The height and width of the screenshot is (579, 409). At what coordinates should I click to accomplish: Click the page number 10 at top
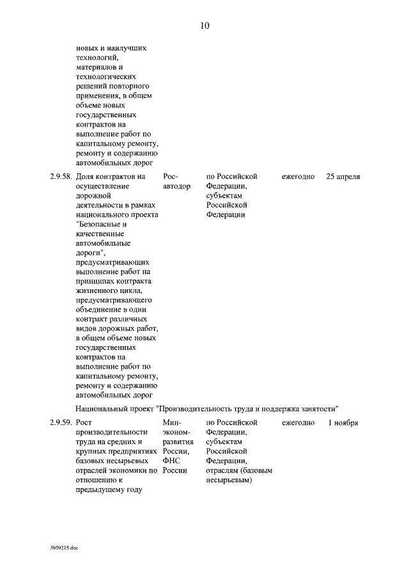click(204, 26)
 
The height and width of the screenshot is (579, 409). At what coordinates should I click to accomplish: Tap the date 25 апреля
click(343, 176)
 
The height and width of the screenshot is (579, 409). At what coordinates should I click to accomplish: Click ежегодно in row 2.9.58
click(298, 176)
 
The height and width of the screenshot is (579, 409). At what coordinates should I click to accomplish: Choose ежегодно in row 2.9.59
click(298, 423)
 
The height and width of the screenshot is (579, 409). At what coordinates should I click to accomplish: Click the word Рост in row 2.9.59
click(84, 423)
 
